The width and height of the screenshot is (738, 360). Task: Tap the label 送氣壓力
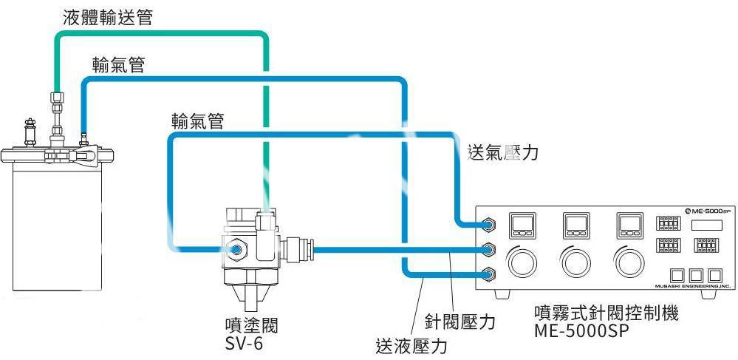[x=503, y=154]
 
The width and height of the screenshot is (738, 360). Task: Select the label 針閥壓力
[x=459, y=322]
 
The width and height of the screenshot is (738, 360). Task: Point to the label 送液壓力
[x=411, y=345]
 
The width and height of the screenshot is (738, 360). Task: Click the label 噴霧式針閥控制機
[x=606, y=312]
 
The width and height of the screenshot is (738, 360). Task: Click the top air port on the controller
[x=488, y=225]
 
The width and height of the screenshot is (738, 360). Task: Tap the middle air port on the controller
[x=488, y=249]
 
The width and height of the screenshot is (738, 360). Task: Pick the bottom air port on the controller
[x=488, y=274]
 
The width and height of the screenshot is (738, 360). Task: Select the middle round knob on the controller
[x=576, y=262]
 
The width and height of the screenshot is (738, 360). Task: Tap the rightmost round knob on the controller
[x=629, y=262]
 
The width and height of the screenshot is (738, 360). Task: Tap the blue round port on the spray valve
[x=236, y=250]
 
